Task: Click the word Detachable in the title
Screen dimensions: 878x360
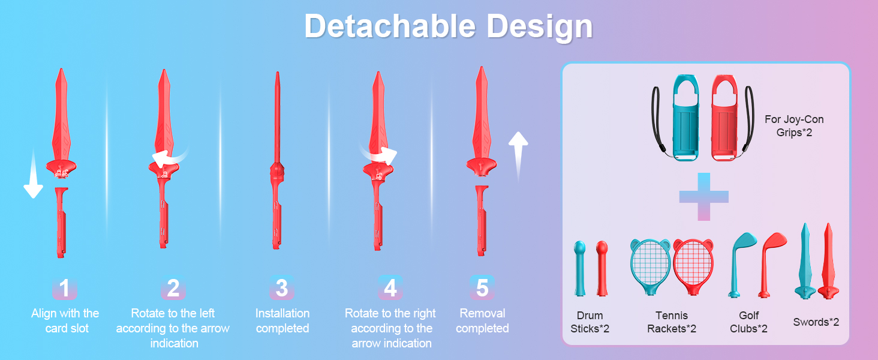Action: (x=390, y=26)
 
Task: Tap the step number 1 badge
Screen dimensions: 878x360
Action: (x=64, y=288)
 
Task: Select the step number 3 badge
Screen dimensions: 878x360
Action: (x=282, y=288)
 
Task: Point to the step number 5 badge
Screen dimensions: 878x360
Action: (x=482, y=288)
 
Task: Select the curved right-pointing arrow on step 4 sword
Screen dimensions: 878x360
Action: (x=378, y=154)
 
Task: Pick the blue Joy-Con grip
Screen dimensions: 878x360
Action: (x=685, y=118)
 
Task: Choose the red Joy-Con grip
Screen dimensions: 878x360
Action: (x=724, y=118)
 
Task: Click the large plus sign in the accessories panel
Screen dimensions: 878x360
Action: (x=704, y=196)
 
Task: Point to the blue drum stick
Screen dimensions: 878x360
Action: (x=580, y=268)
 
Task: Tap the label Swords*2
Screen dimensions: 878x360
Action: (x=816, y=322)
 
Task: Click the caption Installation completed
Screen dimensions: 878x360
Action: (x=282, y=320)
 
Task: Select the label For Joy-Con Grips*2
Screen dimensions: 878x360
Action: (x=794, y=125)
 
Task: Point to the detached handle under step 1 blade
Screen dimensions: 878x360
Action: (x=61, y=223)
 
